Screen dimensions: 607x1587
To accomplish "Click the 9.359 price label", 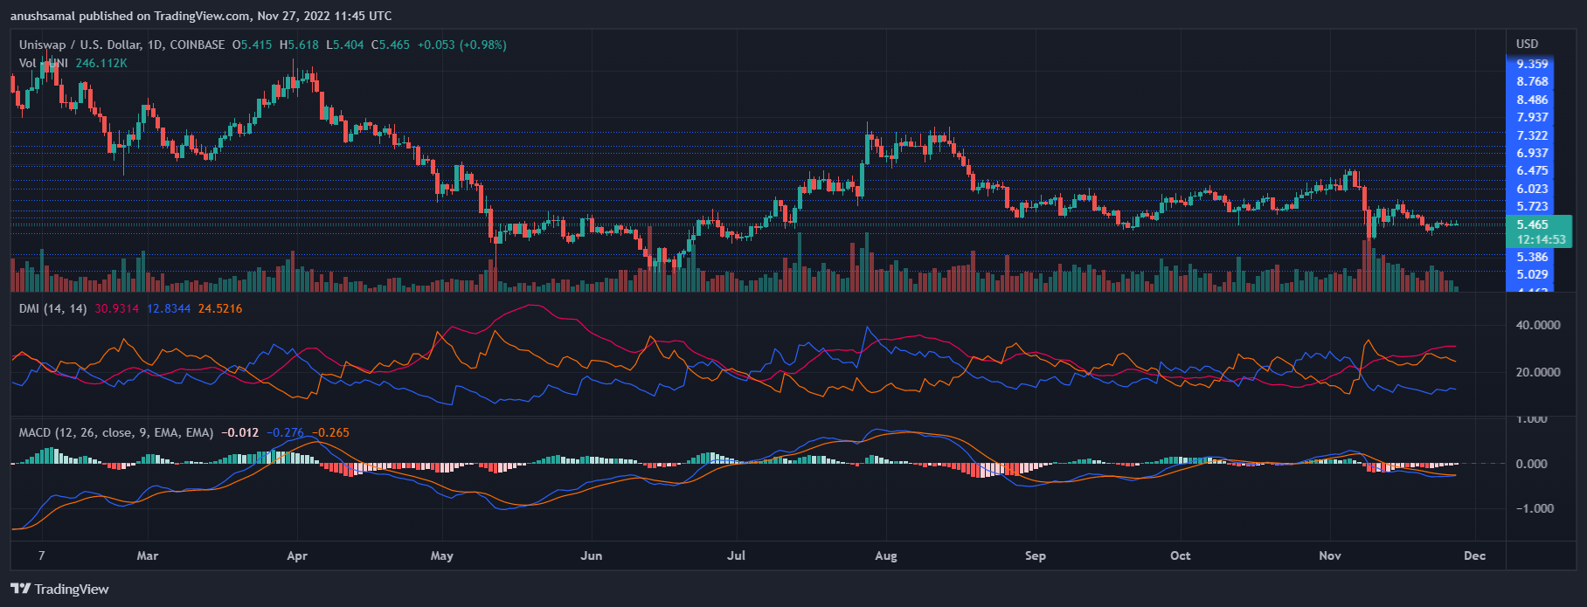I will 1532,64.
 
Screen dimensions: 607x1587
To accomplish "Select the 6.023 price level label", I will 1532,189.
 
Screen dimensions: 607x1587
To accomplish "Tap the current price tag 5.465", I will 1532,224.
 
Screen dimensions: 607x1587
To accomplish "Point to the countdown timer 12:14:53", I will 1541,239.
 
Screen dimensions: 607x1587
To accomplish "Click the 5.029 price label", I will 1532,274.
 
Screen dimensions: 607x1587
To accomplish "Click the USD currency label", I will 1527,44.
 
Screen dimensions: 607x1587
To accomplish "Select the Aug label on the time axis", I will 885,555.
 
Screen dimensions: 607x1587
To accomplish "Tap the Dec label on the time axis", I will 1474,555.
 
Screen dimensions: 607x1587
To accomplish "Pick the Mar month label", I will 148,555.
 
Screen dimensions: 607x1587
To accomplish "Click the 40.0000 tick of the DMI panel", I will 1537,325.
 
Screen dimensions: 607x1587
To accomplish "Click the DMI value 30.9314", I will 117,308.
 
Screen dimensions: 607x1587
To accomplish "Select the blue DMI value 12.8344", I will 169,308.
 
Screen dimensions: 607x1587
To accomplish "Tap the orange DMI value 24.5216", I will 220,308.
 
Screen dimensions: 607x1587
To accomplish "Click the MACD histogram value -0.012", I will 239,432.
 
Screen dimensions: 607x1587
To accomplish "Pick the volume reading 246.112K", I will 101,63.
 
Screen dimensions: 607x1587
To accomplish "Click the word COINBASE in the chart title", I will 197,45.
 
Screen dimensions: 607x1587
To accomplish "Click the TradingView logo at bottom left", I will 59,589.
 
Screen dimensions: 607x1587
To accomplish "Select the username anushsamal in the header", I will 42,16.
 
